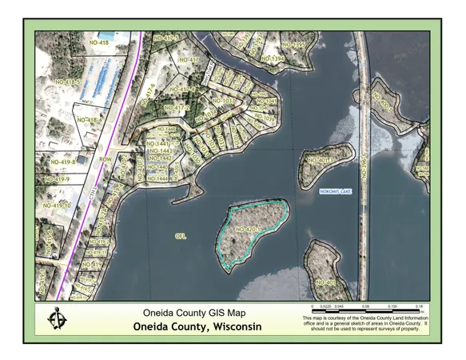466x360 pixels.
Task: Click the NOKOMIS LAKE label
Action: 336,192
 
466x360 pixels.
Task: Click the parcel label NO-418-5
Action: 67,82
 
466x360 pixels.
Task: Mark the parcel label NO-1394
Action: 273,59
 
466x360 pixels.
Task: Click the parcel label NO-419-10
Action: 57,206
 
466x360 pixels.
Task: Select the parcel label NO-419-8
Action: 62,162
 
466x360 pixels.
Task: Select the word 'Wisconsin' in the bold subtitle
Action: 232,327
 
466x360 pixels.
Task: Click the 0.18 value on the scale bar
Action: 418,305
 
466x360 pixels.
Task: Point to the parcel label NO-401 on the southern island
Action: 326,282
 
